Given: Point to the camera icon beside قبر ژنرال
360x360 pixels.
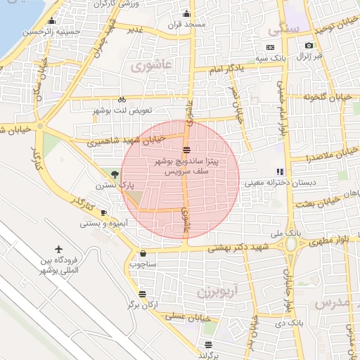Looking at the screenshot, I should (309, 46).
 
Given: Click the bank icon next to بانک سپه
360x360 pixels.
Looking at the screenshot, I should (271, 46).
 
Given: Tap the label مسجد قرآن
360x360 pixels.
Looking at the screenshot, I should (186, 25).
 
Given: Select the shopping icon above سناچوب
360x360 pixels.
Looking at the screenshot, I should (143, 253).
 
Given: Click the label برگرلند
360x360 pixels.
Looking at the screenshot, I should (208, 355).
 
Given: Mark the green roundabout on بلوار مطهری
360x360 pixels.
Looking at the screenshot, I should (290, 244).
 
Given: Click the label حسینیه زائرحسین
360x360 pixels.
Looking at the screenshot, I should (49, 32).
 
